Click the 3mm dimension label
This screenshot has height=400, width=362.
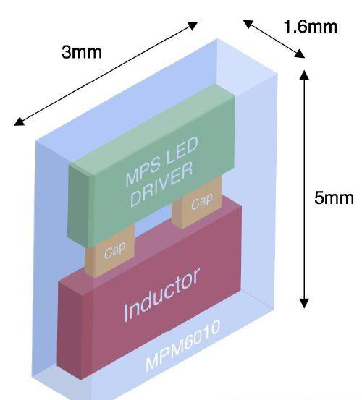click(x=82, y=52)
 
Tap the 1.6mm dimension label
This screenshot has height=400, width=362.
click(x=311, y=27)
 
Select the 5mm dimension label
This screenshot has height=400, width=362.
click(x=334, y=197)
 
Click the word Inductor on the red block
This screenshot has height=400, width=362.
click(x=161, y=294)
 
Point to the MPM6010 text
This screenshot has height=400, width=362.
click(x=182, y=346)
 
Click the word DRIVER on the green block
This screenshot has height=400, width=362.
click(x=161, y=184)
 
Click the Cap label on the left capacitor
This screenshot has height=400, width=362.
click(x=115, y=250)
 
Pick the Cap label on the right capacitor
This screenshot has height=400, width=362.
click(x=202, y=201)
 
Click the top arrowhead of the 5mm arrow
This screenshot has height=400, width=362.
click(x=304, y=75)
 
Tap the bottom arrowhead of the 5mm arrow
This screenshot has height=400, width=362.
click(x=304, y=303)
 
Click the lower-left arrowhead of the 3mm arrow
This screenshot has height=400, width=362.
click(x=19, y=122)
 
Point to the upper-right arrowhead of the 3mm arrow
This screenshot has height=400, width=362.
click(x=193, y=25)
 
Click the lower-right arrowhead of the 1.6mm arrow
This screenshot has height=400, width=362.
click(x=300, y=54)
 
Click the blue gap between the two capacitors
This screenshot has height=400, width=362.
click(x=153, y=224)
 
